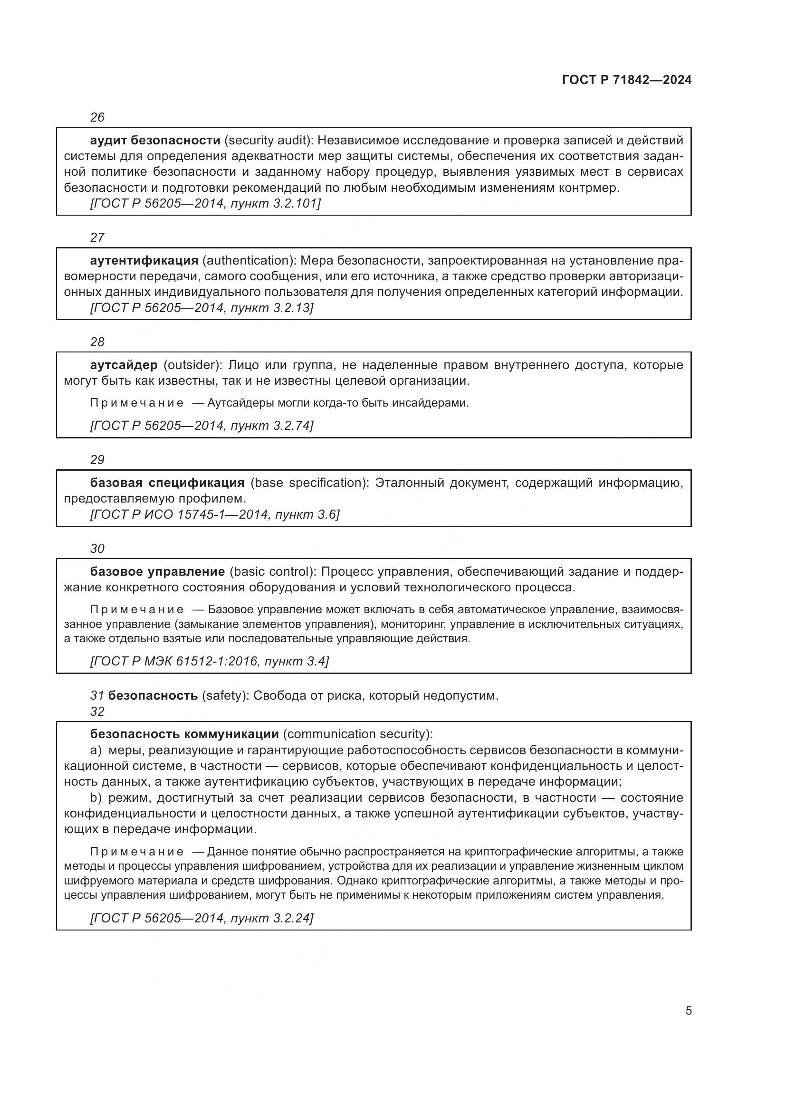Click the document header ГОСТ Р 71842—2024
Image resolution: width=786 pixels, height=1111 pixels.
click(x=627, y=80)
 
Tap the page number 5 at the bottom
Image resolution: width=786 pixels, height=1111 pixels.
click(x=688, y=1010)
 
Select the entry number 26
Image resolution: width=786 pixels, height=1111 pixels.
click(x=97, y=117)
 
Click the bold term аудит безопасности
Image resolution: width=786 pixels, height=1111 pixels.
click(x=155, y=140)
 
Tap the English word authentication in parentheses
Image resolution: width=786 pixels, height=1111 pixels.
click(x=248, y=260)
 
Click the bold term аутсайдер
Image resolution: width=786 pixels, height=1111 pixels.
click(x=124, y=365)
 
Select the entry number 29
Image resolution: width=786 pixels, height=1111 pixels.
click(x=97, y=459)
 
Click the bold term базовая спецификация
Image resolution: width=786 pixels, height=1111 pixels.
click(x=167, y=483)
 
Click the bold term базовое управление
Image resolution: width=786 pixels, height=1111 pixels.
click(x=157, y=571)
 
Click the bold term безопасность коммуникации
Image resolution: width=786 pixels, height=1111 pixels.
click(x=184, y=734)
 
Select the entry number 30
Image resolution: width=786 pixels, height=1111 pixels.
click(x=97, y=548)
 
